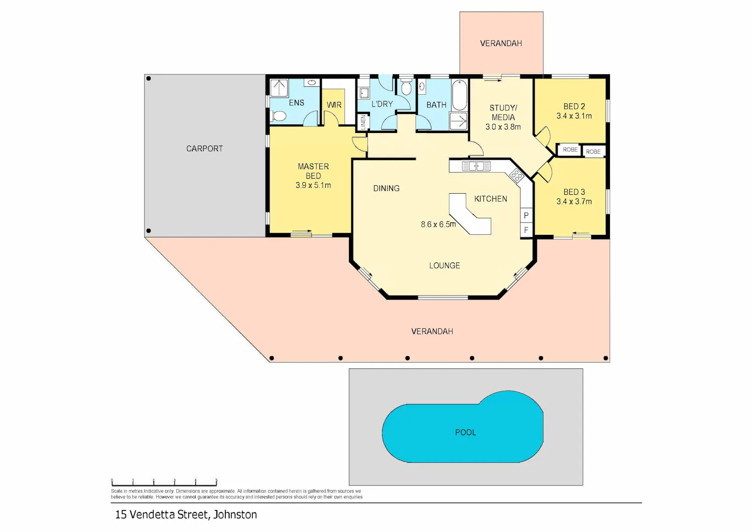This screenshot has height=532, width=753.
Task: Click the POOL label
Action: (x=465, y=432)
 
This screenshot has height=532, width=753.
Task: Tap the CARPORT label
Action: (x=204, y=149)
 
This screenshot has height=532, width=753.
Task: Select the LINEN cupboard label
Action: (x=363, y=122)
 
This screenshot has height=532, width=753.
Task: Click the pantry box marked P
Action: (x=526, y=215)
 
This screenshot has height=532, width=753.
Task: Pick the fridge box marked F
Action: (x=526, y=230)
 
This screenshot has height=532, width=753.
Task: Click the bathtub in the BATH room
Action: (x=459, y=95)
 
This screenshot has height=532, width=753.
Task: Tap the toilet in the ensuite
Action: (x=278, y=116)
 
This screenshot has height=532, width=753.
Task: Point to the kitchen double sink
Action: (x=476, y=166)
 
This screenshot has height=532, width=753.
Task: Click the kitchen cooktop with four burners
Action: (x=517, y=175)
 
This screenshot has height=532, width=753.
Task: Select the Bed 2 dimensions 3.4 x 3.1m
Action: (x=574, y=116)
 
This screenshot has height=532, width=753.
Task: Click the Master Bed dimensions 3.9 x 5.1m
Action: (x=313, y=185)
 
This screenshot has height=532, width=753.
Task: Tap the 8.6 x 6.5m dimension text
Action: (x=438, y=224)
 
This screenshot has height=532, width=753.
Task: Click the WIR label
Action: (x=334, y=105)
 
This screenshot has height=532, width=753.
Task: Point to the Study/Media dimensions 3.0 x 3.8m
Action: (x=503, y=126)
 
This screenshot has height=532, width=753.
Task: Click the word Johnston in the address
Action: (x=235, y=514)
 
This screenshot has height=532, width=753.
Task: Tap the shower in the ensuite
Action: (x=279, y=88)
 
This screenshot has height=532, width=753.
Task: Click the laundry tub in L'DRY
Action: (x=364, y=93)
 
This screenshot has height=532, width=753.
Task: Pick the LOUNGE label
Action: (x=444, y=265)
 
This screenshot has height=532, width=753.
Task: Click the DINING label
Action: (x=386, y=188)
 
